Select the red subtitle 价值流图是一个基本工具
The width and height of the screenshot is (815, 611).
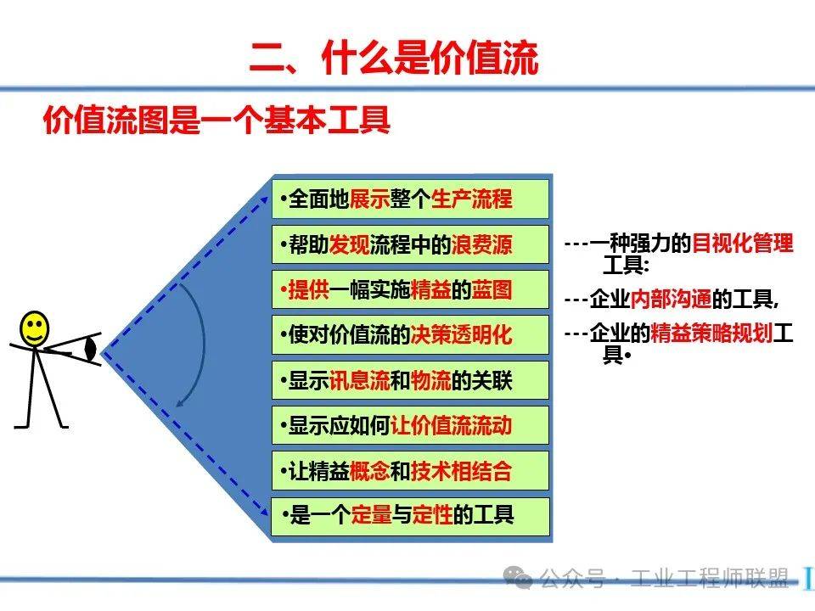[x=216, y=121]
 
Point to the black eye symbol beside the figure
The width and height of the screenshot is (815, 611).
[x=91, y=350]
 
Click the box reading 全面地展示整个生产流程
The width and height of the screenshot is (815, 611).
[x=410, y=199]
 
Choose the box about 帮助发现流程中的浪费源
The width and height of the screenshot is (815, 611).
[x=410, y=245]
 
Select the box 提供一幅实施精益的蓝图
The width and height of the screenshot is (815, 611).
[x=410, y=290]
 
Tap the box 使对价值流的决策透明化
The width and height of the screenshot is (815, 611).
[x=410, y=335]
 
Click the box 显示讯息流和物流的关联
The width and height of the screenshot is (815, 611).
[x=410, y=381]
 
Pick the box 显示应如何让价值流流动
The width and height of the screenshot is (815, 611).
[x=410, y=425]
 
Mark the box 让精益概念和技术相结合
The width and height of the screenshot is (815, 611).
[x=410, y=471]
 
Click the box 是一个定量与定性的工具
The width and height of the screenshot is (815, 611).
[x=410, y=515]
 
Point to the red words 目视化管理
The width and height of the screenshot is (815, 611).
[x=743, y=244]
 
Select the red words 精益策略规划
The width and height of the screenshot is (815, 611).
[x=711, y=333]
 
